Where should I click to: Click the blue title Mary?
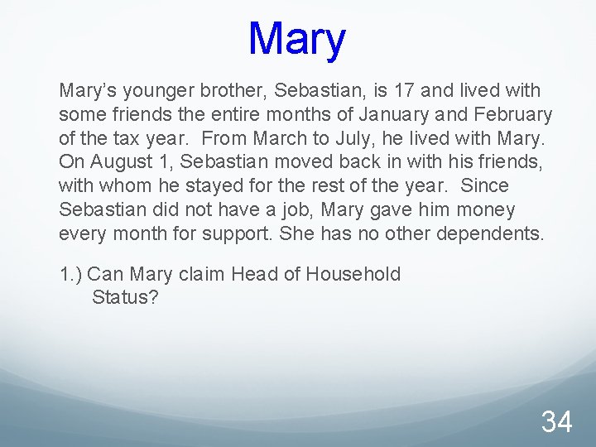tap(296, 39)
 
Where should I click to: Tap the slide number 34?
tap(556, 422)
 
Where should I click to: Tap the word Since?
tap(486, 185)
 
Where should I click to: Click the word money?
tap(479, 209)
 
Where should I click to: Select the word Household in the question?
tap(353, 274)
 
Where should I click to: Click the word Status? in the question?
tap(125, 296)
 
